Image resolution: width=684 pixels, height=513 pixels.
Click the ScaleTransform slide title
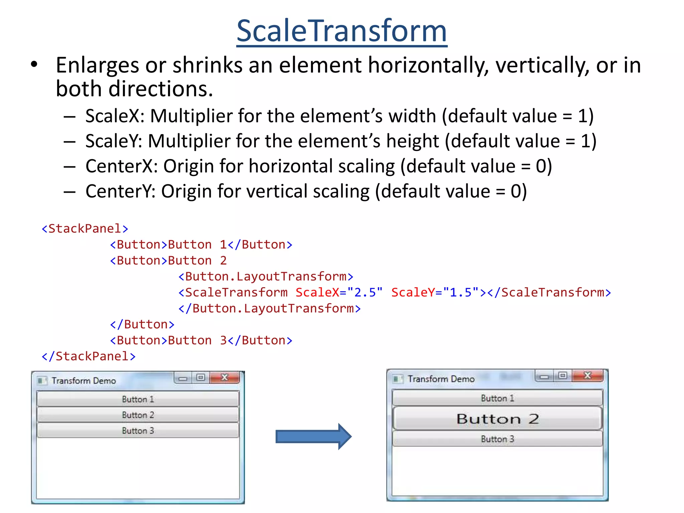tap(341, 31)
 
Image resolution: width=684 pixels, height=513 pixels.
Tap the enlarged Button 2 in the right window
tap(497, 418)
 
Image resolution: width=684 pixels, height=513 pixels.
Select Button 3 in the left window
tap(138, 431)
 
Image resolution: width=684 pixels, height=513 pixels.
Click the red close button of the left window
tap(225, 378)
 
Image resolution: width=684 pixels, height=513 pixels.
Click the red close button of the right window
tap(587, 376)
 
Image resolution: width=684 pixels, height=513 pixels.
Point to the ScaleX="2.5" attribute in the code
tap(339, 293)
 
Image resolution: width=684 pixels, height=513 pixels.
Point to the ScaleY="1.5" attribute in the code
tap(435, 293)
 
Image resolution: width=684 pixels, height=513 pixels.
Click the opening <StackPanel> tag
tap(85, 229)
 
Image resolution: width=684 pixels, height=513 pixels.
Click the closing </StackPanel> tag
tap(89, 356)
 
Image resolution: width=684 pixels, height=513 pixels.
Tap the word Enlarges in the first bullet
tap(97, 65)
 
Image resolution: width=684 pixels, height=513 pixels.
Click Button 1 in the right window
tap(497, 398)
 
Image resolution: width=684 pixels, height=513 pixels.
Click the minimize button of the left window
tap(183, 378)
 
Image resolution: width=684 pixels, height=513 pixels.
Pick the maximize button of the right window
tap(563, 376)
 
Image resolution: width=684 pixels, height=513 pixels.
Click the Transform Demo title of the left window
tap(84, 381)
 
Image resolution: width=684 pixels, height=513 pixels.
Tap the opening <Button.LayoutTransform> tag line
tap(266, 277)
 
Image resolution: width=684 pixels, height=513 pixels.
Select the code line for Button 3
tap(201, 340)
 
